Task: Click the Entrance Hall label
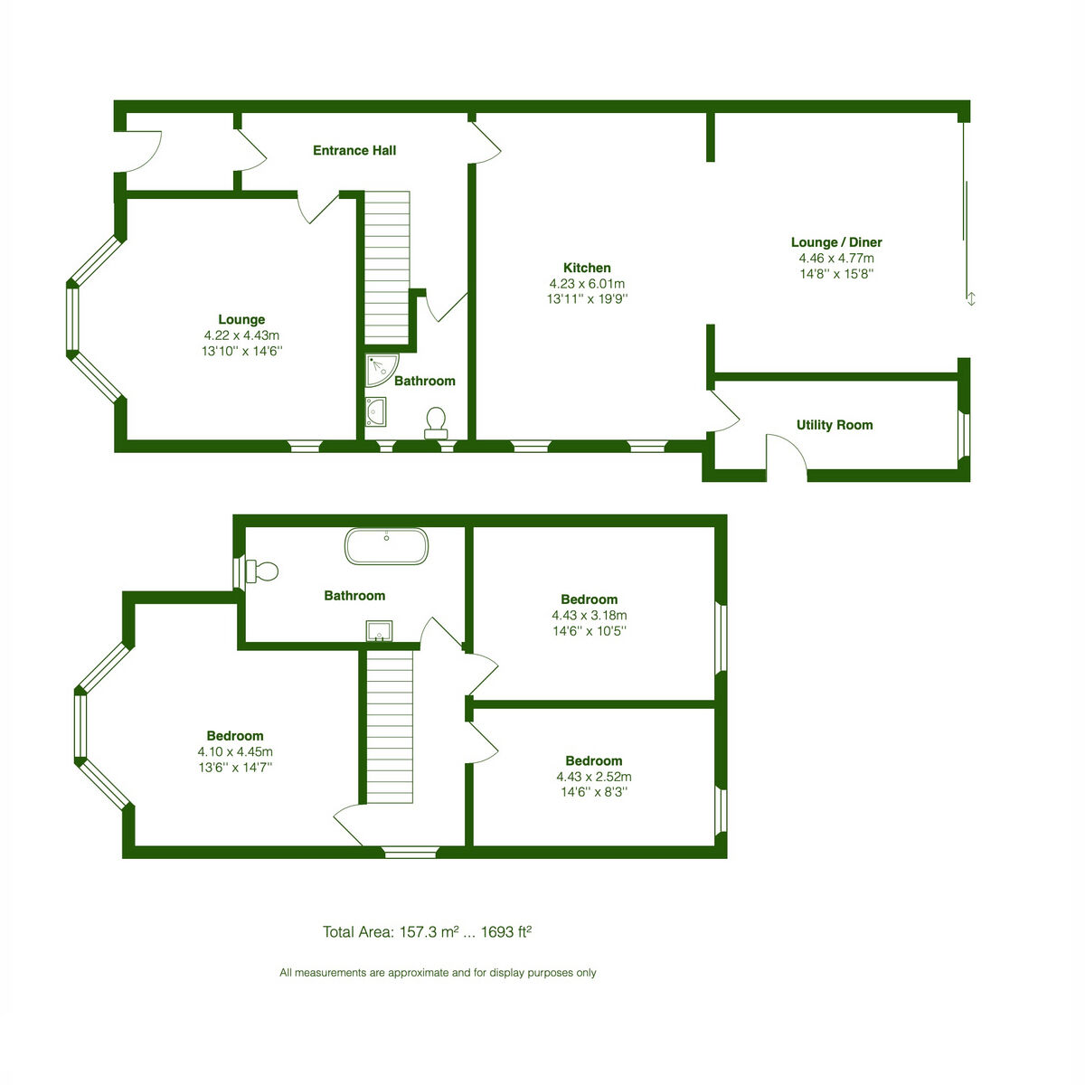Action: coord(354,150)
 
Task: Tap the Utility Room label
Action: coord(835,425)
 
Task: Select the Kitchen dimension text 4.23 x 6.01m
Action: coord(588,284)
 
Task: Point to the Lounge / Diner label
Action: coord(836,242)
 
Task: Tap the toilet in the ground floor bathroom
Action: coord(436,423)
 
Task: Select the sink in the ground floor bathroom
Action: coord(375,411)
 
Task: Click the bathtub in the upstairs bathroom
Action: coord(386,545)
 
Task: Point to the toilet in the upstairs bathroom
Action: coord(262,571)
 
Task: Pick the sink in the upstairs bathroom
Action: coord(379,631)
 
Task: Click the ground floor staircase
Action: coord(387,268)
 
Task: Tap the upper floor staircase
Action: coord(390,727)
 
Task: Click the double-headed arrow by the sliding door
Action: coord(971,299)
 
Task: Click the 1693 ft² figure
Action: coord(506,932)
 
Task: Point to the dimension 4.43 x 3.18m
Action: coord(589,616)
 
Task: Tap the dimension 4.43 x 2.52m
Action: coord(594,777)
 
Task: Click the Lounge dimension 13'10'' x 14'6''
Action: coord(242,352)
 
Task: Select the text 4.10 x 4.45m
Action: coord(235,751)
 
